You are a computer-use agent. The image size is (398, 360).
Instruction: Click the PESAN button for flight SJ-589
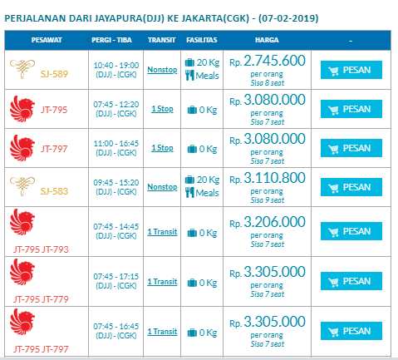(x=351, y=70)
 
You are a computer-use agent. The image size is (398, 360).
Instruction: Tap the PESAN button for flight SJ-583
(x=351, y=187)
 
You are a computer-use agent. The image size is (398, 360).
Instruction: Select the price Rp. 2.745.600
(x=268, y=61)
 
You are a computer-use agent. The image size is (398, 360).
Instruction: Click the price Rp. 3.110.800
(x=268, y=178)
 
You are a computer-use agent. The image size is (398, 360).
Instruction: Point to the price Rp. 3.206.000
(x=268, y=222)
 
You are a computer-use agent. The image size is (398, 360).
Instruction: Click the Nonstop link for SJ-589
(x=162, y=70)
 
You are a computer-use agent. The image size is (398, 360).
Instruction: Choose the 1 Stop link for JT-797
(x=162, y=148)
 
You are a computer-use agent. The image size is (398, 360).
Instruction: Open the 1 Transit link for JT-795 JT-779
(x=162, y=282)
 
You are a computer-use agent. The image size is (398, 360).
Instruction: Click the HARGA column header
(x=267, y=40)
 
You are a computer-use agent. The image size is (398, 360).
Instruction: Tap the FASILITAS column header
(x=202, y=40)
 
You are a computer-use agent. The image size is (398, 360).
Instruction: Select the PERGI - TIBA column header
(x=111, y=40)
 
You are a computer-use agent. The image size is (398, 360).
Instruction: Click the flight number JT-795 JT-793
(x=41, y=249)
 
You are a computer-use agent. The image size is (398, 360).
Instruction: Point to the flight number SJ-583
(x=54, y=191)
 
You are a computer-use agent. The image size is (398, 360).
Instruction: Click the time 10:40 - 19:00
(x=116, y=66)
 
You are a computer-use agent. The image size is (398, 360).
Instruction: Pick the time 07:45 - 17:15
(x=116, y=277)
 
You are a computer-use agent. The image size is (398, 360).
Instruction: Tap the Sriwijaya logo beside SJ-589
(x=22, y=69)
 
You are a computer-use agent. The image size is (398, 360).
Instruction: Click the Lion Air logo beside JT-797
(x=22, y=148)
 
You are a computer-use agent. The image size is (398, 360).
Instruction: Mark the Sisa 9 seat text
(x=268, y=200)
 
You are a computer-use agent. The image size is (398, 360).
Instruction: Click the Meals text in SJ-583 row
(x=207, y=193)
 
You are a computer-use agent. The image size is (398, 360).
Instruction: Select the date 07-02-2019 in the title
(x=288, y=18)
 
